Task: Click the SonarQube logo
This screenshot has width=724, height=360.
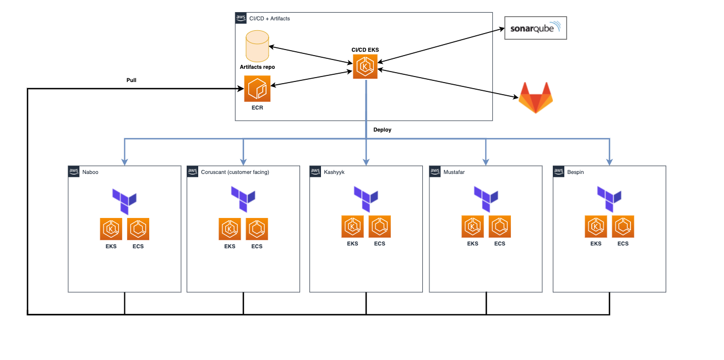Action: click(535, 28)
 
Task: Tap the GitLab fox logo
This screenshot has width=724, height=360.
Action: click(535, 97)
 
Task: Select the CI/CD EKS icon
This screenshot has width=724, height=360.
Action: click(365, 67)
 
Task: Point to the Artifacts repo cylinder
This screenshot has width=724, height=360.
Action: click(257, 46)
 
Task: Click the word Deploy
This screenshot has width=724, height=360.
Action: click(382, 130)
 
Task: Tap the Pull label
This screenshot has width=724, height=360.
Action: click(131, 80)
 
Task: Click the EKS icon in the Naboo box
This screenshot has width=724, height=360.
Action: click(111, 229)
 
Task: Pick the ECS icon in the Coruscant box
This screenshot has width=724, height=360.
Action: click(257, 229)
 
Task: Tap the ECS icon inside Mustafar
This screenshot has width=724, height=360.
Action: click(499, 226)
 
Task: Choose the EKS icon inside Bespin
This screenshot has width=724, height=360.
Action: click(596, 226)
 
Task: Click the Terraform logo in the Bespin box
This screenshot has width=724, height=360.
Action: click(609, 199)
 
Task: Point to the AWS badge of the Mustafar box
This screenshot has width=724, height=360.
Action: click(436, 171)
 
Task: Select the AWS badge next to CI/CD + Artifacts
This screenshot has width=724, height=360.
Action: click(241, 18)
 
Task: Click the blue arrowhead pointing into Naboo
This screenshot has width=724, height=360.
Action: click(125, 162)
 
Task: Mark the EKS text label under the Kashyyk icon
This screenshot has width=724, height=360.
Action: click(352, 243)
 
